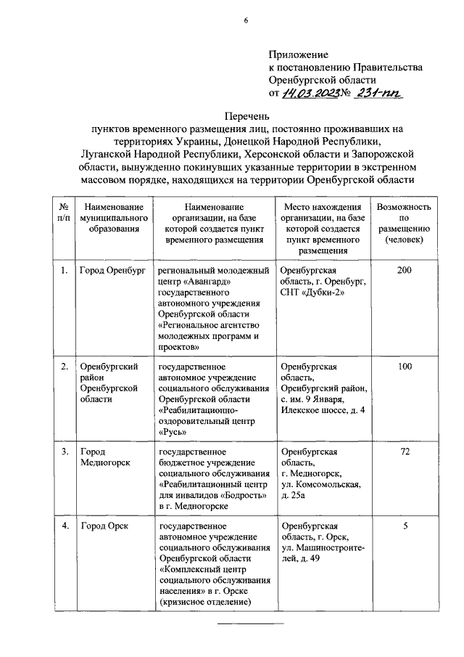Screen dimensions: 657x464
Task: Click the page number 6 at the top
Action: (x=246, y=20)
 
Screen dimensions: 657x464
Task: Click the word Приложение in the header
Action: (x=298, y=54)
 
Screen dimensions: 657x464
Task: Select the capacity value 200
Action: (x=405, y=271)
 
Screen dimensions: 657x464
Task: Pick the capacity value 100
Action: (x=405, y=367)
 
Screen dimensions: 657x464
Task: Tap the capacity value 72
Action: (x=405, y=452)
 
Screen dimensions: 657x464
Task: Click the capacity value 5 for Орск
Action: (x=405, y=526)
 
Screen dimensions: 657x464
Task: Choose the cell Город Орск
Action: (x=104, y=526)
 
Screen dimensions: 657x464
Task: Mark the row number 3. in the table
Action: (x=65, y=452)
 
